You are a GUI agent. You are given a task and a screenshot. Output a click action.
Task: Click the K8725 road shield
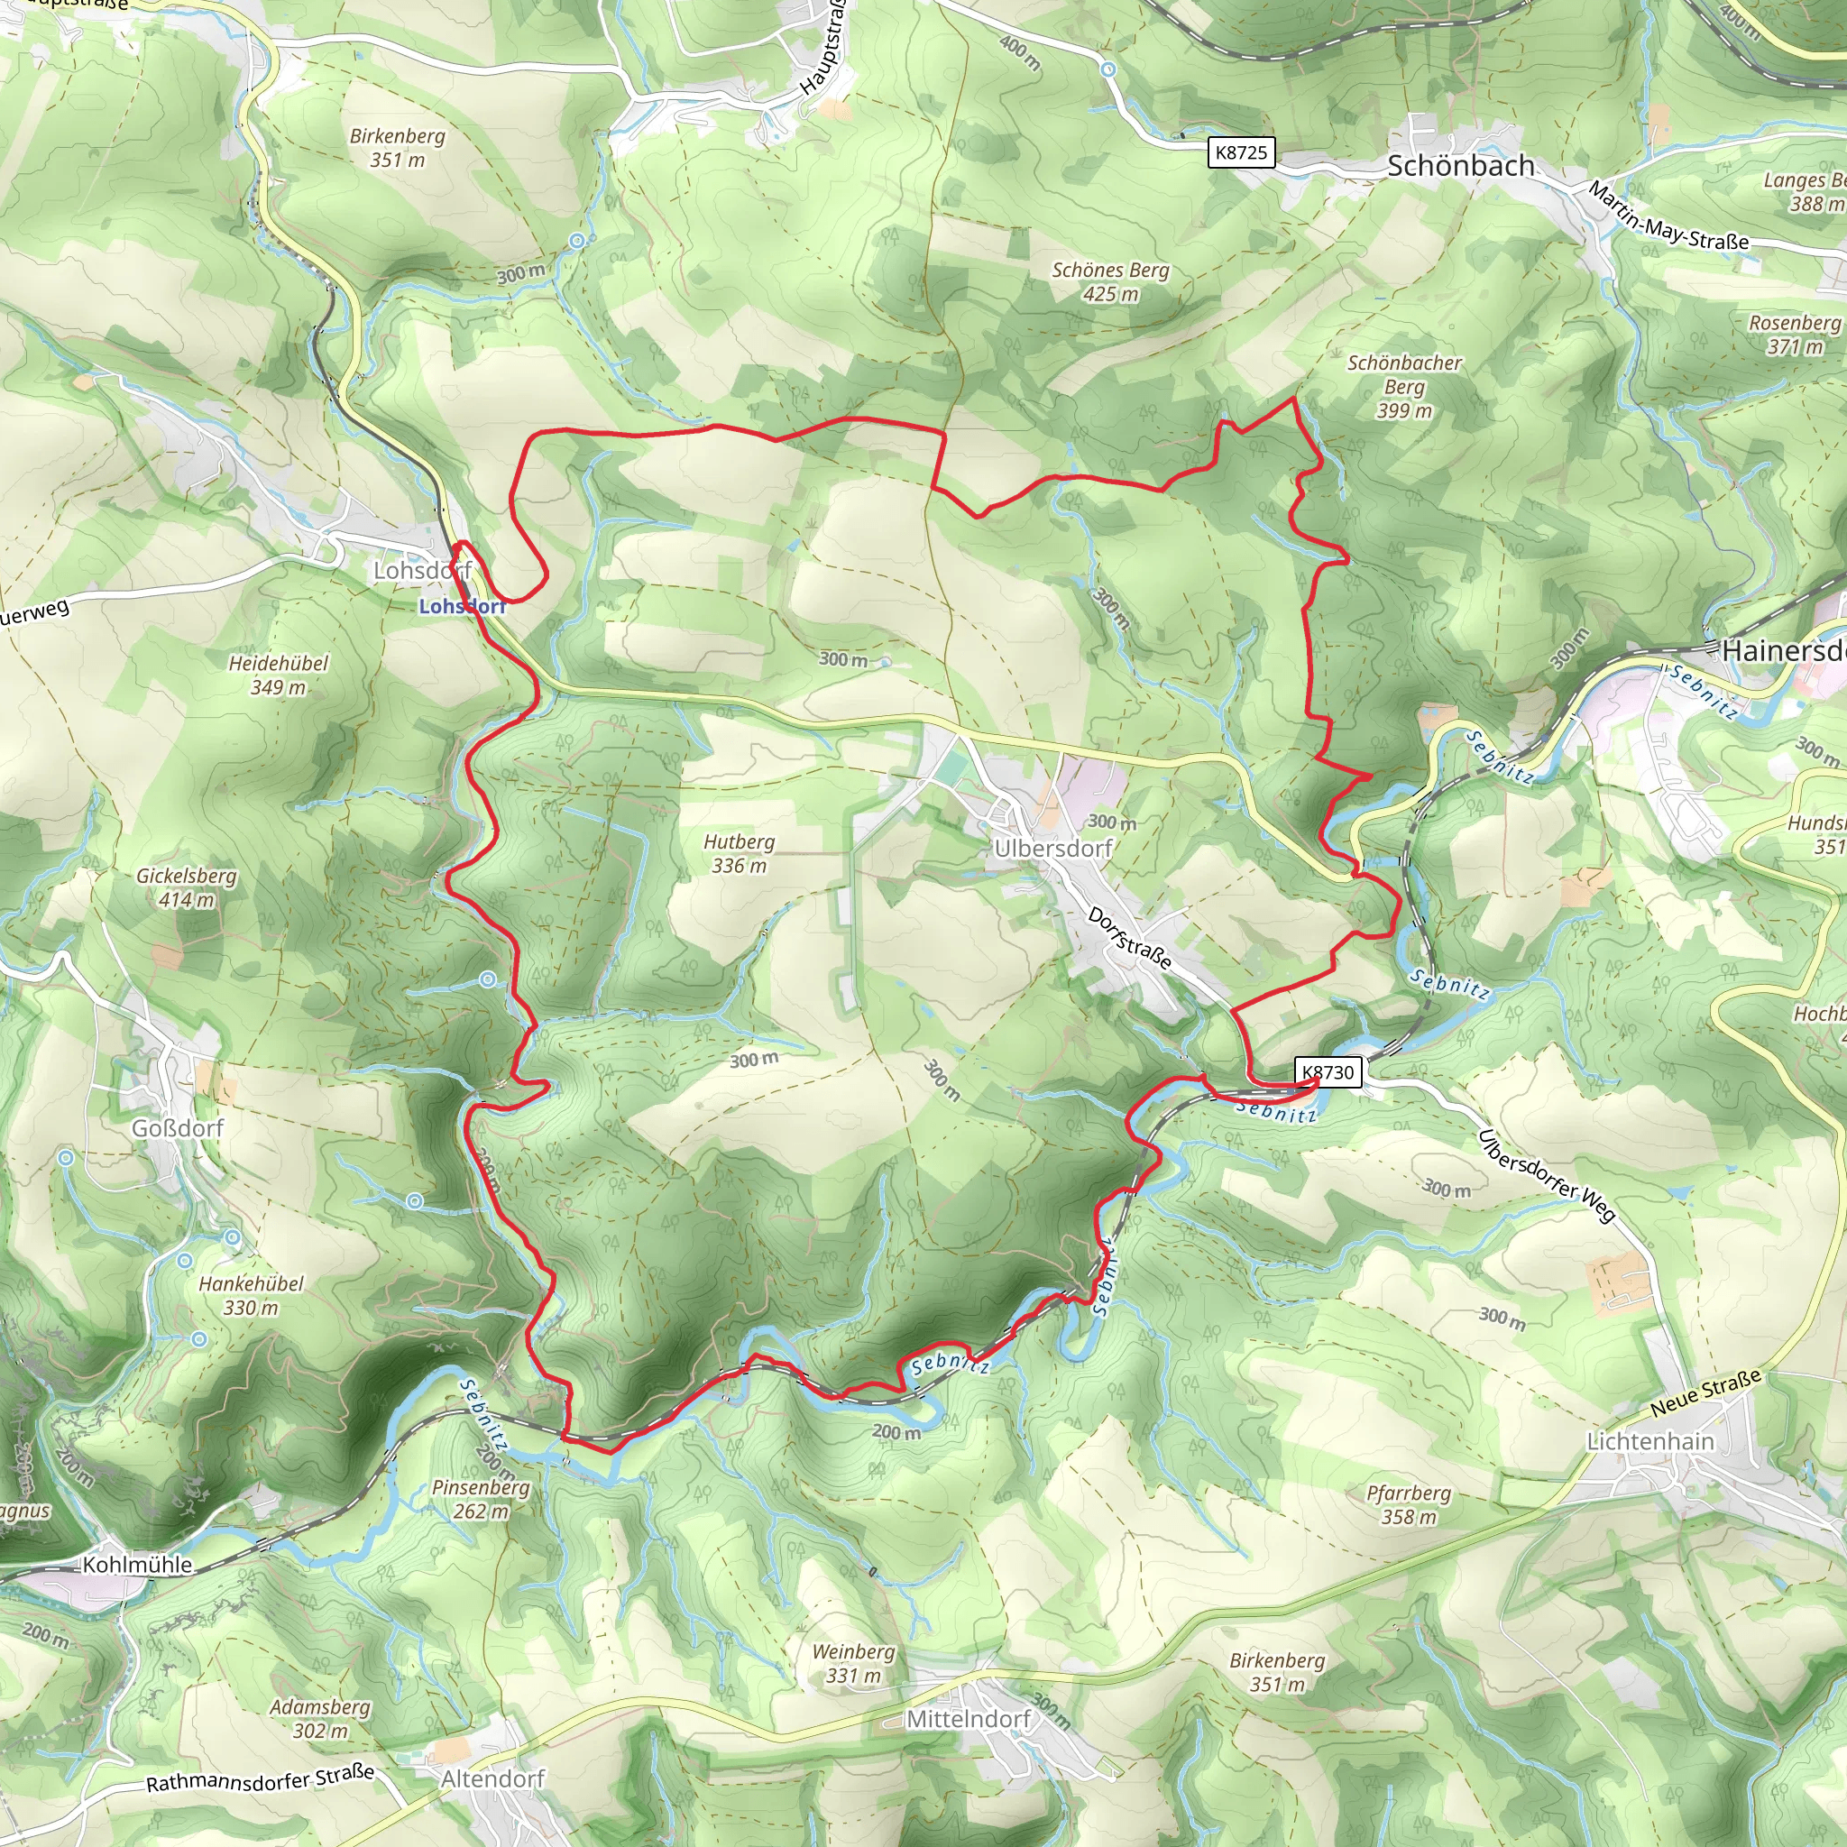click(x=1241, y=153)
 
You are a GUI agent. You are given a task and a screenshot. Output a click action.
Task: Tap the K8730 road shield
click(x=1328, y=1071)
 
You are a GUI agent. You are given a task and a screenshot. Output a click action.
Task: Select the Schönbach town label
click(x=1460, y=166)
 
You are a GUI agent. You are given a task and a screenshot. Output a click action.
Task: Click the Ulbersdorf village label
click(x=1052, y=849)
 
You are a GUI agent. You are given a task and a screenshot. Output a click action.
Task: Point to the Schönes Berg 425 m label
click(x=1110, y=282)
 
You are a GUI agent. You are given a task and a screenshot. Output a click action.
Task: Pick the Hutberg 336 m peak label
click(x=739, y=854)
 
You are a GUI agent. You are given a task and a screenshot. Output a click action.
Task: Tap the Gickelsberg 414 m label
click(x=187, y=887)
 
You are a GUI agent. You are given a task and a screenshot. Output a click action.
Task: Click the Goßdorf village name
click(x=178, y=1128)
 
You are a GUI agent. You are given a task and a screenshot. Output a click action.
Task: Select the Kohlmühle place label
click(x=138, y=1565)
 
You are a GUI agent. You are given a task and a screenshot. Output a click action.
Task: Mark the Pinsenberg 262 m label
click(x=480, y=1499)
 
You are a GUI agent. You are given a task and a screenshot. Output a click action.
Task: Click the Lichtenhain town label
click(x=1650, y=1440)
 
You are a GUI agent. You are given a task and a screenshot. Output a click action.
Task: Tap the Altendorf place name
click(x=492, y=1779)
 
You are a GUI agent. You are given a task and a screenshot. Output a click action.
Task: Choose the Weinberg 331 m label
click(x=853, y=1663)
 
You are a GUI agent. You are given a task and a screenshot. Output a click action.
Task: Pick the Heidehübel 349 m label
click(x=278, y=675)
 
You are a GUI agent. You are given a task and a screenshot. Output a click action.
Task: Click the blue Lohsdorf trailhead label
click(x=462, y=606)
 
